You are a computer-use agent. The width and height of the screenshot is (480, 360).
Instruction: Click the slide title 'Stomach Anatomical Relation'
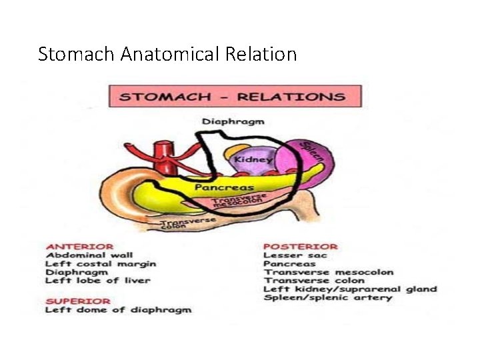click(x=167, y=54)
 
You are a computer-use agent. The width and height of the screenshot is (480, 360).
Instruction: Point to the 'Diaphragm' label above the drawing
click(x=233, y=121)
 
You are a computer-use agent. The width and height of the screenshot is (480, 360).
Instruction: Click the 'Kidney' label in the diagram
click(x=253, y=160)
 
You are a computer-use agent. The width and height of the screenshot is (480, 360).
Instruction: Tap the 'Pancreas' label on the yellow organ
click(x=224, y=188)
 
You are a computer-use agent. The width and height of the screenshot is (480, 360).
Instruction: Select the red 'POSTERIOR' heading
click(x=300, y=246)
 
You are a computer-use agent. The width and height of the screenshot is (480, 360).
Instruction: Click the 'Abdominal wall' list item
click(x=89, y=255)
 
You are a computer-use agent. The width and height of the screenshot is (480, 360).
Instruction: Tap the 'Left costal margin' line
click(x=101, y=263)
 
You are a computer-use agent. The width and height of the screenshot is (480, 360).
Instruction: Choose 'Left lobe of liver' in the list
click(x=98, y=281)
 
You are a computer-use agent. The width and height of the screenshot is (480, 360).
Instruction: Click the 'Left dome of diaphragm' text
click(x=118, y=309)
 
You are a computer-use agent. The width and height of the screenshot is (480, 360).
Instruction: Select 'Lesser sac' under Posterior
click(x=291, y=255)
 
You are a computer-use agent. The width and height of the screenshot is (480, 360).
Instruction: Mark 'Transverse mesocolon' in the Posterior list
click(x=329, y=272)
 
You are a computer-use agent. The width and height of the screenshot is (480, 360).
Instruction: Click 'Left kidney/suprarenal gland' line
click(x=350, y=289)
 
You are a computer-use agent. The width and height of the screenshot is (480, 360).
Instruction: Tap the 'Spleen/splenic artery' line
click(x=328, y=298)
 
